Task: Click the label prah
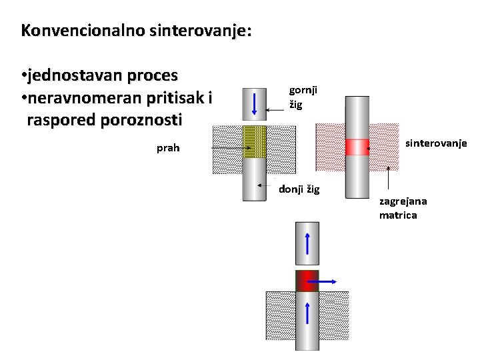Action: [x=168, y=148]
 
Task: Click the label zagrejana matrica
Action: [x=403, y=208]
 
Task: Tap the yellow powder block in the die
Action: [x=253, y=141]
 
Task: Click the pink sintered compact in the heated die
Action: [x=357, y=147]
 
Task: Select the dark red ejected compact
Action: [x=307, y=281]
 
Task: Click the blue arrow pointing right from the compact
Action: [x=324, y=282]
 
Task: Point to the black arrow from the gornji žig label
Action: [x=275, y=109]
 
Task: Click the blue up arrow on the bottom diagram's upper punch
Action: [x=307, y=245]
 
